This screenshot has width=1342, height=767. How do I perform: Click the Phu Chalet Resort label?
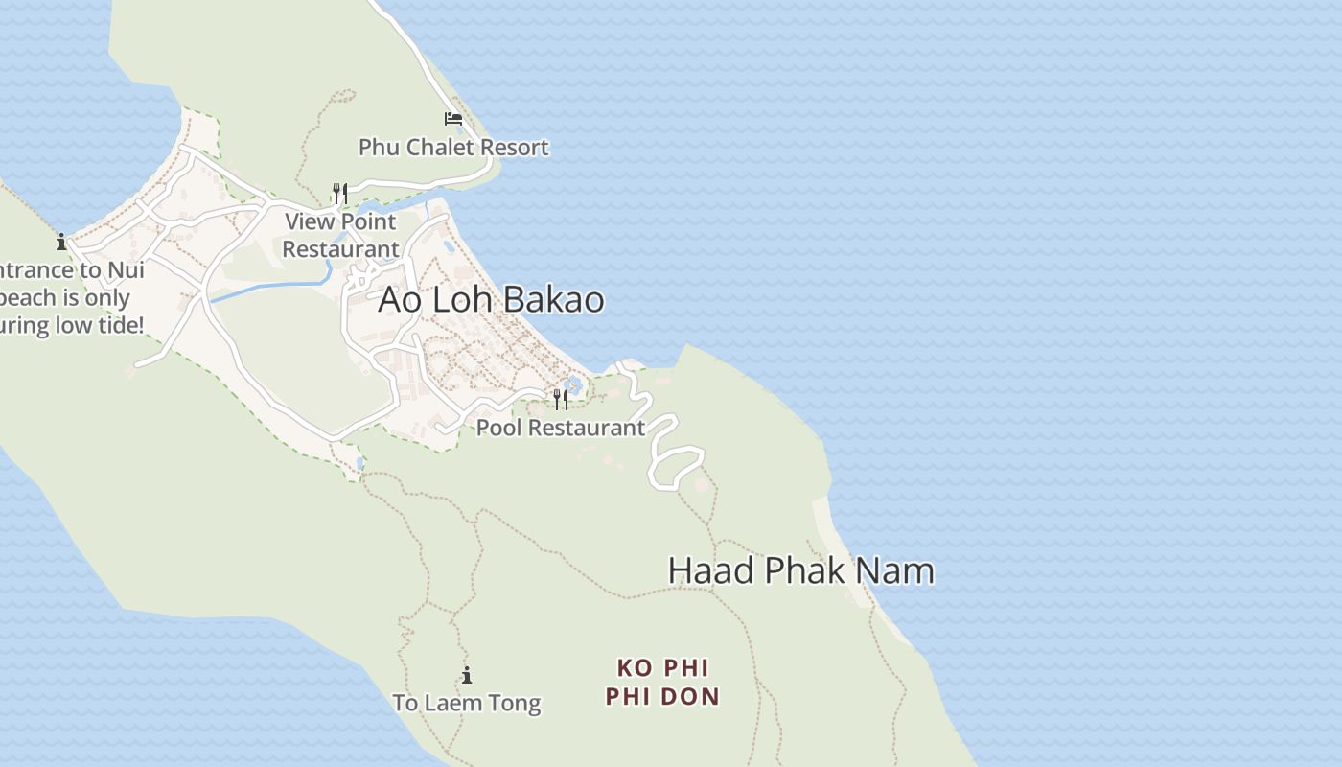453,147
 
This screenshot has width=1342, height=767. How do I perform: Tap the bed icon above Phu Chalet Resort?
453,119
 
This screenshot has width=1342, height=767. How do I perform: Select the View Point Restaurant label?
340,235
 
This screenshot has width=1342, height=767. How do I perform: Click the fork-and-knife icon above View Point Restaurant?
339,194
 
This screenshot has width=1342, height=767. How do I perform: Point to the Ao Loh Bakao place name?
491,299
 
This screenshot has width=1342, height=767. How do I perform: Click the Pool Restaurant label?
561,428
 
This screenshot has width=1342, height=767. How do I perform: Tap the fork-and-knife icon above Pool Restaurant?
561,399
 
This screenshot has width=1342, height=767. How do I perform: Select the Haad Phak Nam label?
800,570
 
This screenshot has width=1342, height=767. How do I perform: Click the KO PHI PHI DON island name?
662,682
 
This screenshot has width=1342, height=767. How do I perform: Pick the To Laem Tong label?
467,703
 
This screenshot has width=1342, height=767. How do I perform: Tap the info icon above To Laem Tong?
467,675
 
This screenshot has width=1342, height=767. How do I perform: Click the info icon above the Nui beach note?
61,242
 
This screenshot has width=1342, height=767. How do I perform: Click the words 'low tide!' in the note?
100,325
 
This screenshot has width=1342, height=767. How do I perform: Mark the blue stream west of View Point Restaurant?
268,286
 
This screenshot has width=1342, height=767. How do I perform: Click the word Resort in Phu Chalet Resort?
516,147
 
